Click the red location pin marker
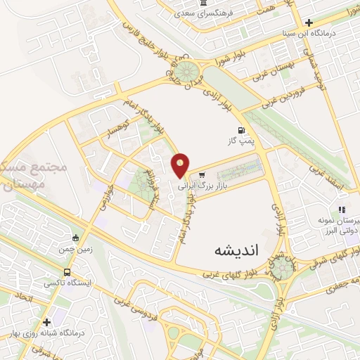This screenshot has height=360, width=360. point(181,165)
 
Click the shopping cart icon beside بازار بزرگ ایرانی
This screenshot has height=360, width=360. point(202,174)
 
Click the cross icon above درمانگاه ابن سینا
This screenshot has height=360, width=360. point(309,23)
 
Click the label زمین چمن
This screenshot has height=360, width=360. point(76,249)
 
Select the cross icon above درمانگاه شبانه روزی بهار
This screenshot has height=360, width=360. point(46,322)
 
